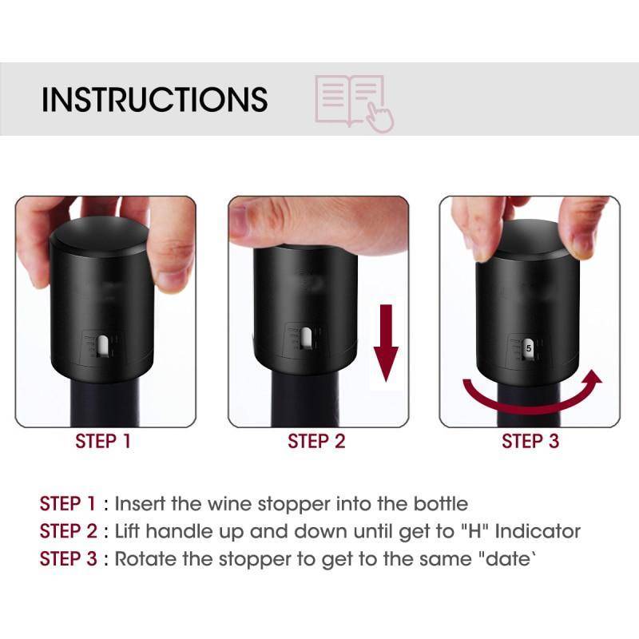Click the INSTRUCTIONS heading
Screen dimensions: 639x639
154,99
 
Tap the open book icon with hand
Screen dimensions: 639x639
354,104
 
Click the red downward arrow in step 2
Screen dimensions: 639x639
386,343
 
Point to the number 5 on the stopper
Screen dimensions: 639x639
529,348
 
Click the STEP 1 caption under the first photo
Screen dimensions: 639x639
103,442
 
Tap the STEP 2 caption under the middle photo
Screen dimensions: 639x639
316,442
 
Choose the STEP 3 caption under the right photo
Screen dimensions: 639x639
530,442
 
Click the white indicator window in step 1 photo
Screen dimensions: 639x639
103,345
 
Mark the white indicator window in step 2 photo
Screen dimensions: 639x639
306,337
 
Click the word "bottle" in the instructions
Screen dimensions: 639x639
441,504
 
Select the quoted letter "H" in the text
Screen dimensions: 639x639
474,531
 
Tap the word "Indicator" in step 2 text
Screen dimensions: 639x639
538,531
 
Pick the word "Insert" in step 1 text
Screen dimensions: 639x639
140,504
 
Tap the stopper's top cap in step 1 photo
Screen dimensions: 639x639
100,236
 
